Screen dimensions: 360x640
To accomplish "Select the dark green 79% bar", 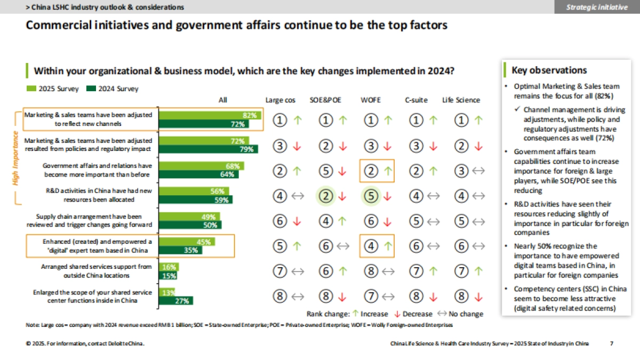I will click(x=209, y=149).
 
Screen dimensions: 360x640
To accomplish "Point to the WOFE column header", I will click(x=371, y=100).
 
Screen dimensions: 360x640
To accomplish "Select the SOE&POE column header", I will click(x=325, y=100).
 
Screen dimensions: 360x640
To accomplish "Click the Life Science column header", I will click(x=461, y=100).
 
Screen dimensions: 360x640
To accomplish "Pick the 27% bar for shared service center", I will click(x=177, y=301).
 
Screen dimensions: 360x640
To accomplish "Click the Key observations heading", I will click(x=549, y=70).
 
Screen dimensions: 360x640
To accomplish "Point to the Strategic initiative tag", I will click(x=597, y=7).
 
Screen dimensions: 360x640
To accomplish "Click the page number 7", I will click(x=611, y=344).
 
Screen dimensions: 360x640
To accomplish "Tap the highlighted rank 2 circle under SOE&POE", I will click(x=325, y=196).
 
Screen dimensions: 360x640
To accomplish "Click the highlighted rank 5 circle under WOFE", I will click(x=371, y=196).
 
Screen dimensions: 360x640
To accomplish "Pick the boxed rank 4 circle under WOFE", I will click(x=371, y=246).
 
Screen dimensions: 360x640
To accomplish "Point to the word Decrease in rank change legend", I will click(x=418, y=314).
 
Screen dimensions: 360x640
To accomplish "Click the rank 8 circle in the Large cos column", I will click(x=280, y=296).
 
